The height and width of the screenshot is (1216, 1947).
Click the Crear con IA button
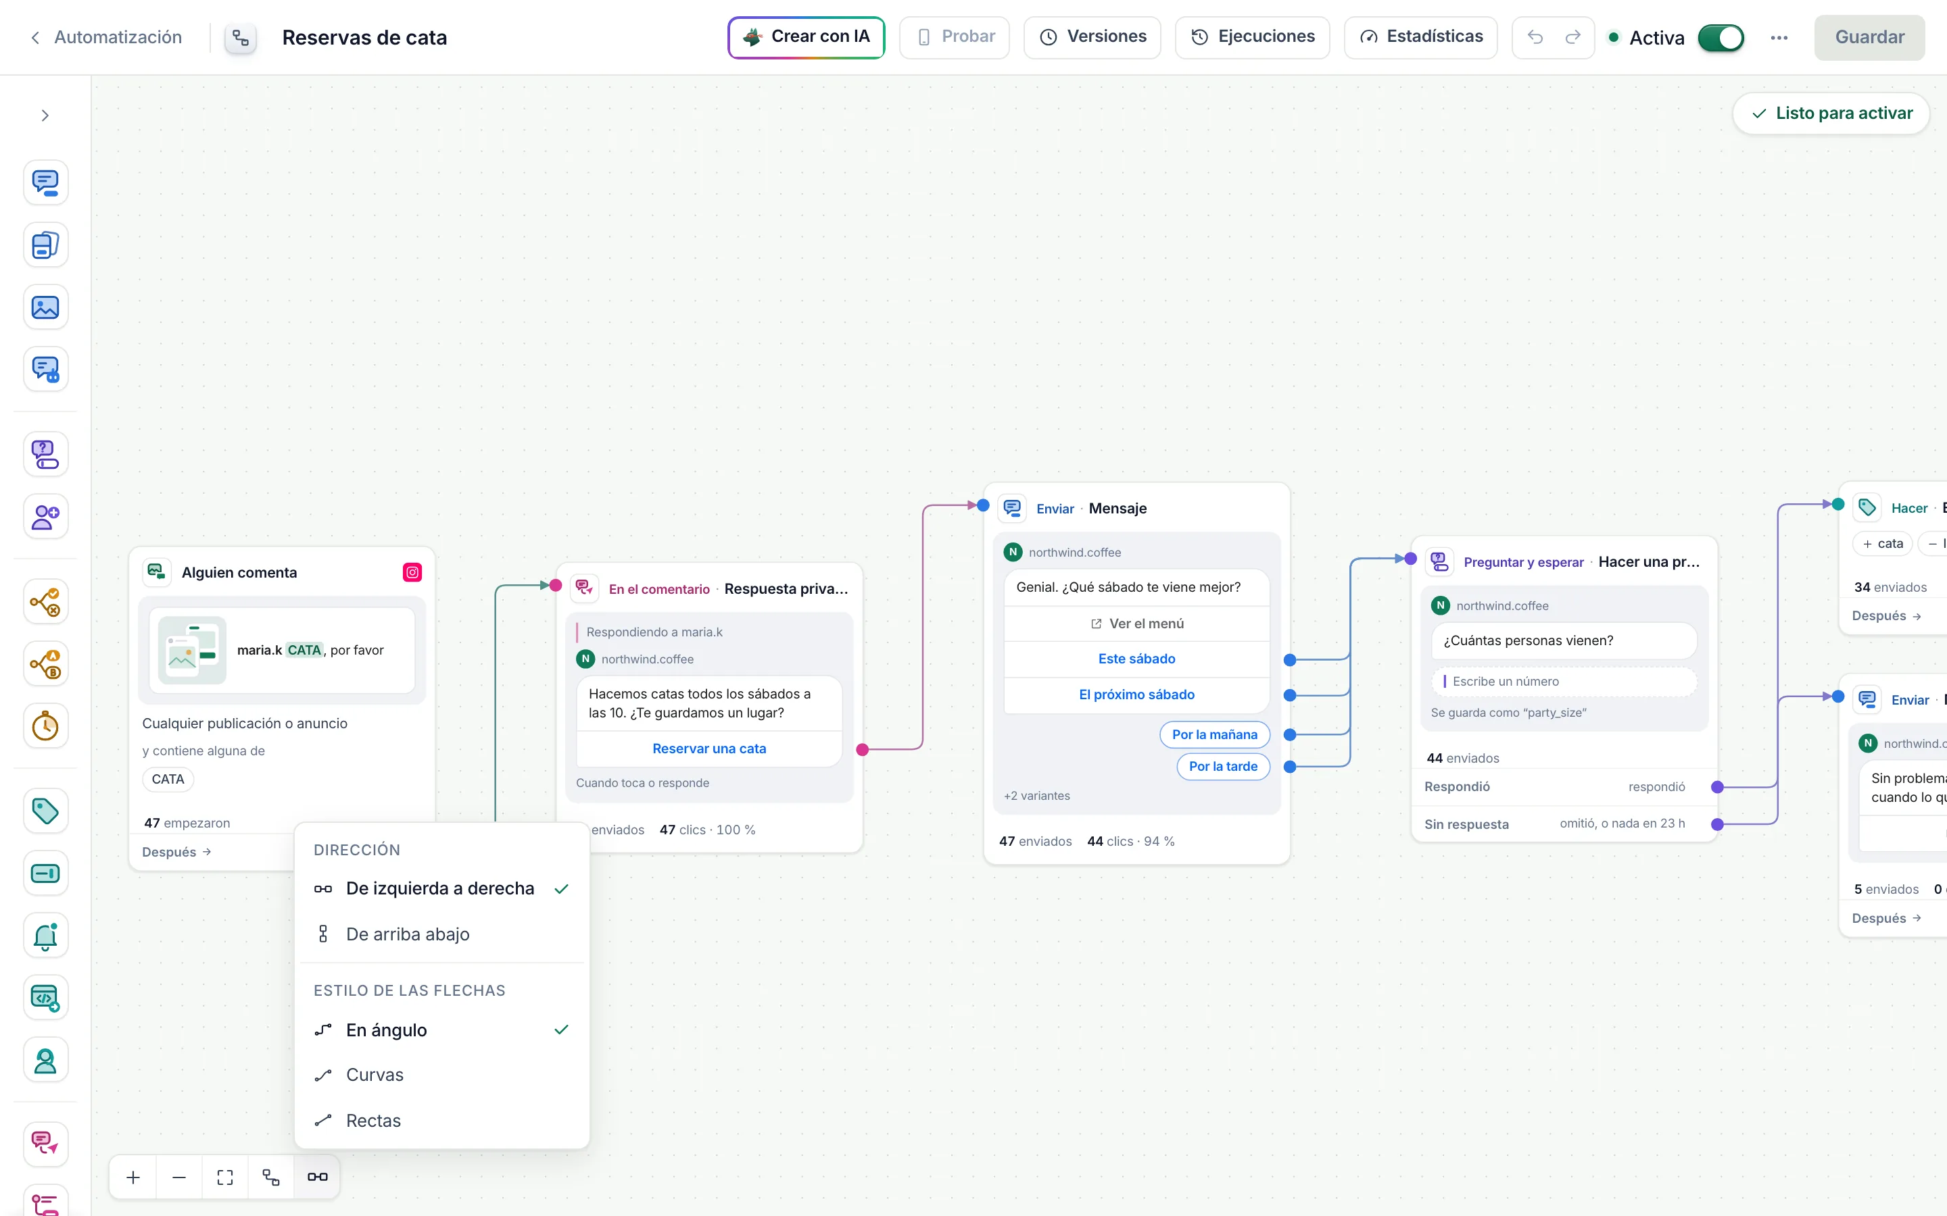[806, 37]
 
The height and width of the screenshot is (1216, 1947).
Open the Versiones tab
[1092, 37]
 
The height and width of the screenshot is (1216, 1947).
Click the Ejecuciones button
[1252, 37]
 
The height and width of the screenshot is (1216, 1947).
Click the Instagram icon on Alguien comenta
[412, 573]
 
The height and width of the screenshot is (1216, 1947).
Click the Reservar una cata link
[708, 749]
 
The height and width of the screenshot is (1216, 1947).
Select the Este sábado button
[1136, 659]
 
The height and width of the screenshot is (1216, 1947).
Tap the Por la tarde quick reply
[1223, 767]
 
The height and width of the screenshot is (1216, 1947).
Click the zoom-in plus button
[134, 1177]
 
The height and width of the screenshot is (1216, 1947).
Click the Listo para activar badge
[1831, 113]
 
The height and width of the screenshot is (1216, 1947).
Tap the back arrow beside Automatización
[34, 38]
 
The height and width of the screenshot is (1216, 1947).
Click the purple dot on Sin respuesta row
[1717, 824]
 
